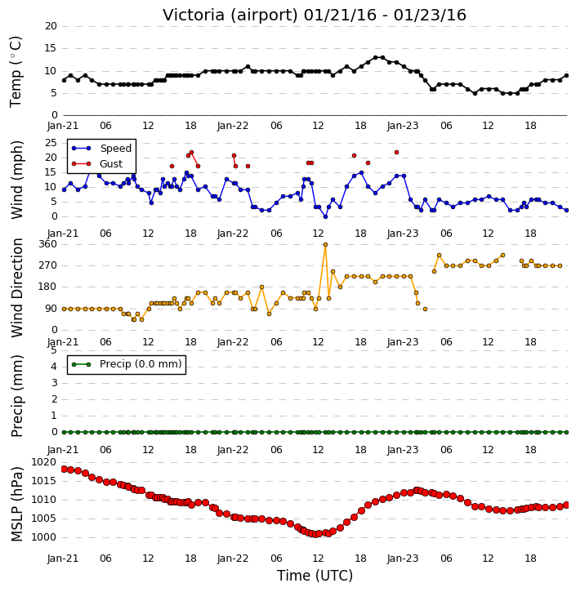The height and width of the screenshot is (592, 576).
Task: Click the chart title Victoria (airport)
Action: [230, 16]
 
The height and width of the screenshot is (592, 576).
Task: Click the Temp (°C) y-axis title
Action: [16, 72]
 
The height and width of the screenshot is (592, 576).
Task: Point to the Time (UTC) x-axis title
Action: [315, 576]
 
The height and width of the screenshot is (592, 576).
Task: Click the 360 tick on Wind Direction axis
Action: [48, 244]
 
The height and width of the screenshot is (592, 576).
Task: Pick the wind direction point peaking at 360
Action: [325, 245]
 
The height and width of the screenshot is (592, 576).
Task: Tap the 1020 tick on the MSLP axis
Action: [44, 462]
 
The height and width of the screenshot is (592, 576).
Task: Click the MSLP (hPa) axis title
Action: [16, 504]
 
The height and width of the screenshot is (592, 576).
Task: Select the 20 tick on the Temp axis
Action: [51, 26]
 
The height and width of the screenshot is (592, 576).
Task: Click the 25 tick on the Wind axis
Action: [51, 143]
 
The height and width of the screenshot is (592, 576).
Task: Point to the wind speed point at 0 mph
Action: [325, 216]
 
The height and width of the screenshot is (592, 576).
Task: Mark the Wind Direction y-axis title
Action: [16, 287]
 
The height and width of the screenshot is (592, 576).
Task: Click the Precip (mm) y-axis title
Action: [16, 396]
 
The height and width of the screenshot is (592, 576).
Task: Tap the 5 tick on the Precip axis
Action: [54, 350]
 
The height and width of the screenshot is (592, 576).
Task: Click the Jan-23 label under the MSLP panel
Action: [403, 559]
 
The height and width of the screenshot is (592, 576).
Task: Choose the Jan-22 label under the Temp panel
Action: [233, 126]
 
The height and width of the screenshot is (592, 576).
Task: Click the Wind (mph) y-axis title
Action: [16, 180]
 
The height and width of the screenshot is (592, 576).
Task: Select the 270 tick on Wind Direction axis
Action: [48, 265]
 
